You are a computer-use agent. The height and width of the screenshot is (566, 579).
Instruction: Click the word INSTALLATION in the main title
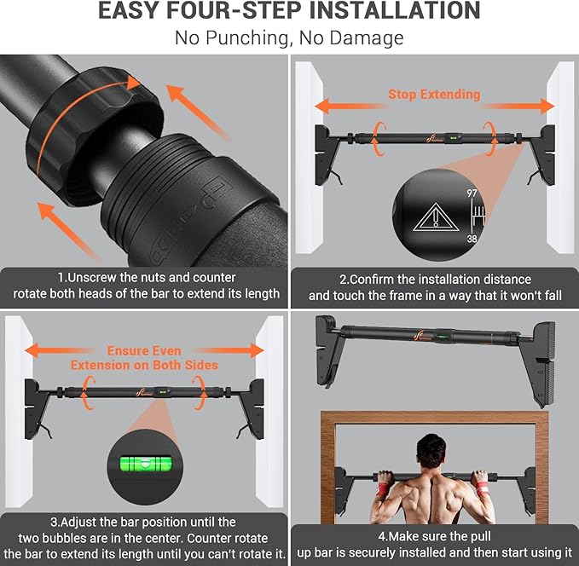pos(394,10)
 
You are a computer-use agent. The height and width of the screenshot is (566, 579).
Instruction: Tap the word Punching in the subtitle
pos(246,38)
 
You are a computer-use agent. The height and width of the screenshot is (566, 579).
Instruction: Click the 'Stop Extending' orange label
pos(434,95)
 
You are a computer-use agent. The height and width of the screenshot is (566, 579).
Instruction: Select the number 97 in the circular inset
pos(472,193)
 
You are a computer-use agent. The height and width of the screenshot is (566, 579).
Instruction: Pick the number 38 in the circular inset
pos(472,239)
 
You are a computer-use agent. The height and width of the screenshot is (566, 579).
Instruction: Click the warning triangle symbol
pos(436,217)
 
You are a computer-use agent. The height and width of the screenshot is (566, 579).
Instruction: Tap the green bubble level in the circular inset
pos(146,464)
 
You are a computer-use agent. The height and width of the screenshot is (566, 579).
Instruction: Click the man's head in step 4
pos(431,451)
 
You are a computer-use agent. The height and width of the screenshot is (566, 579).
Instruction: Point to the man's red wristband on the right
pos(483,488)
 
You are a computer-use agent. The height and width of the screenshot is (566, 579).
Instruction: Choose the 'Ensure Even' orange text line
pos(144,350)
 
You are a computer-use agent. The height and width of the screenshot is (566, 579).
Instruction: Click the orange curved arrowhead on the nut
pos(133,83)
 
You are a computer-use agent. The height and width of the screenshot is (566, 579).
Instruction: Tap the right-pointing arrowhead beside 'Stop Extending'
pos(547,106)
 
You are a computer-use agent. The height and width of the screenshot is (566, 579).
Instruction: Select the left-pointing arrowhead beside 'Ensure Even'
pos(32,350)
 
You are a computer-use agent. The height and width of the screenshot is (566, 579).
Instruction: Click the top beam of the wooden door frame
pos(435,417)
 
